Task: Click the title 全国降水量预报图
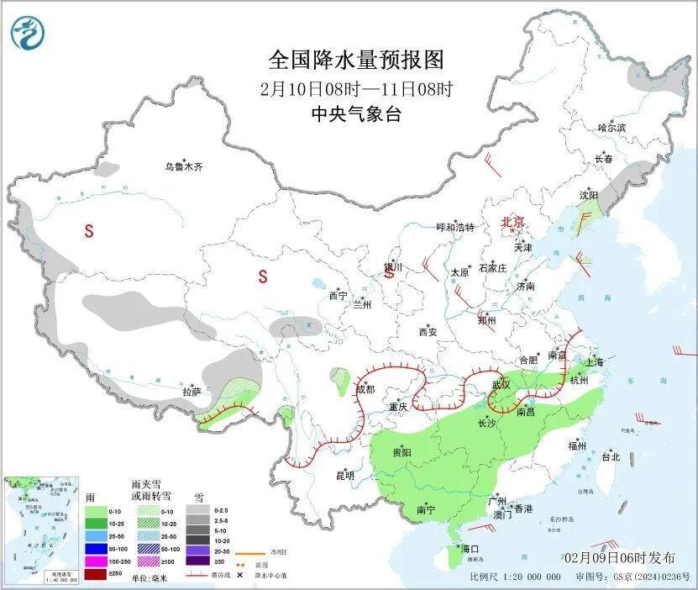355,60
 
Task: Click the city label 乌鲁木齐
183,167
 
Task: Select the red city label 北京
512,222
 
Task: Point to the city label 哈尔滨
611,128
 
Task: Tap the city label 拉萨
192,391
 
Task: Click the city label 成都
365,389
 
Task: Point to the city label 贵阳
401,452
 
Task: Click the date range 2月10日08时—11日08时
355,88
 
